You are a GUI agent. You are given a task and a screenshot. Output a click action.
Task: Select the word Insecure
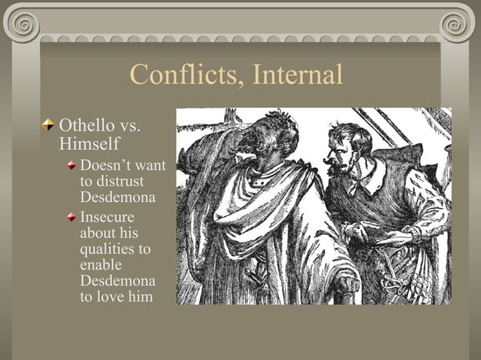(x=108, y=217)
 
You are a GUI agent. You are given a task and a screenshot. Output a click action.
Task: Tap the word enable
(x=100, y=264)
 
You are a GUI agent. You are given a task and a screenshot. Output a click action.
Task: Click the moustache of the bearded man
(x=332, y=159)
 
